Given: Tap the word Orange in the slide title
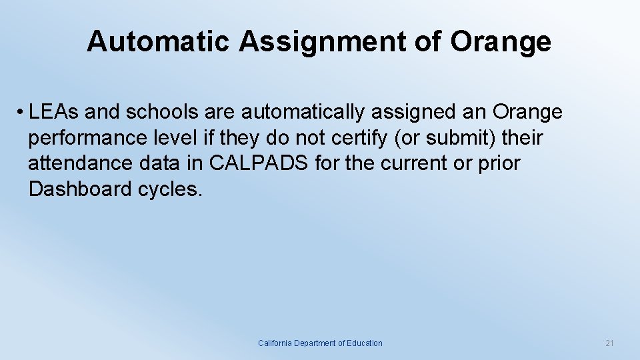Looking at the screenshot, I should click(x=501, y=41).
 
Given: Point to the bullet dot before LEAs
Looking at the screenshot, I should click(x=21, y=113).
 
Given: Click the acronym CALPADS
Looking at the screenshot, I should click(x=259, y=163).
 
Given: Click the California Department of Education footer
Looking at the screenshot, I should click(x=320, y=343).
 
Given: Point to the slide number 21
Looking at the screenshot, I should click(x=609, y=343).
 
